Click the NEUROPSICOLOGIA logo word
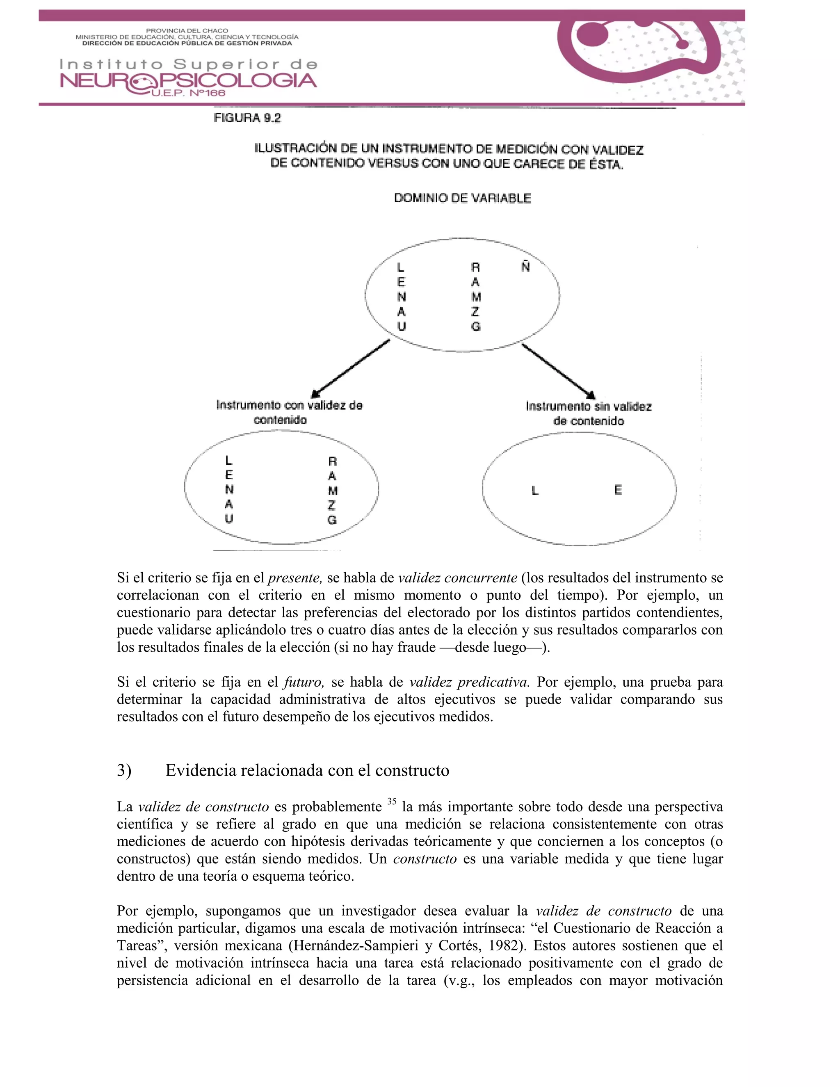click(x=188, y=81)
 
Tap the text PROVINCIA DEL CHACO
click(x=187, y=31)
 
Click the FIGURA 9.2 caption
click(x=247, y=118)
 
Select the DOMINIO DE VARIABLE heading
click(x=462, y=198)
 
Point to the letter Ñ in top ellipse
click(x=525, y=266)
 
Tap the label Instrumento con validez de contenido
click(x=289, y=412)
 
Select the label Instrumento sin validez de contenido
click(x=589, y=413)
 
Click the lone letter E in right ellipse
click(x=618, y=490)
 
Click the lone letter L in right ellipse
click(x=535, y=491)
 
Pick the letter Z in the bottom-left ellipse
click(x=332, y=505)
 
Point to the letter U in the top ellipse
click(x=402, y=327)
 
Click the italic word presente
click(x=295, y=578)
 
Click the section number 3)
click(x=124, y=770)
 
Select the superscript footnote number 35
click(x=392, y=802)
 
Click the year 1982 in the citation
click(x=504, y=945)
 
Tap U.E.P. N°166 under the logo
click(x=187, y=93)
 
